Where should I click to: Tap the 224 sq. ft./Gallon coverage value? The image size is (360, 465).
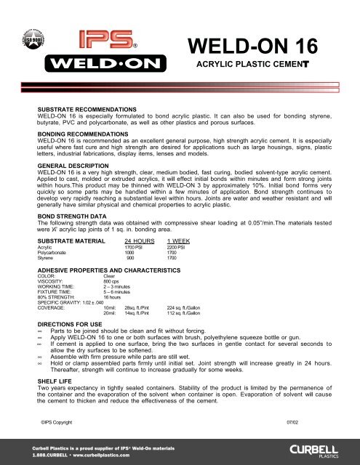pos(183,308)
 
